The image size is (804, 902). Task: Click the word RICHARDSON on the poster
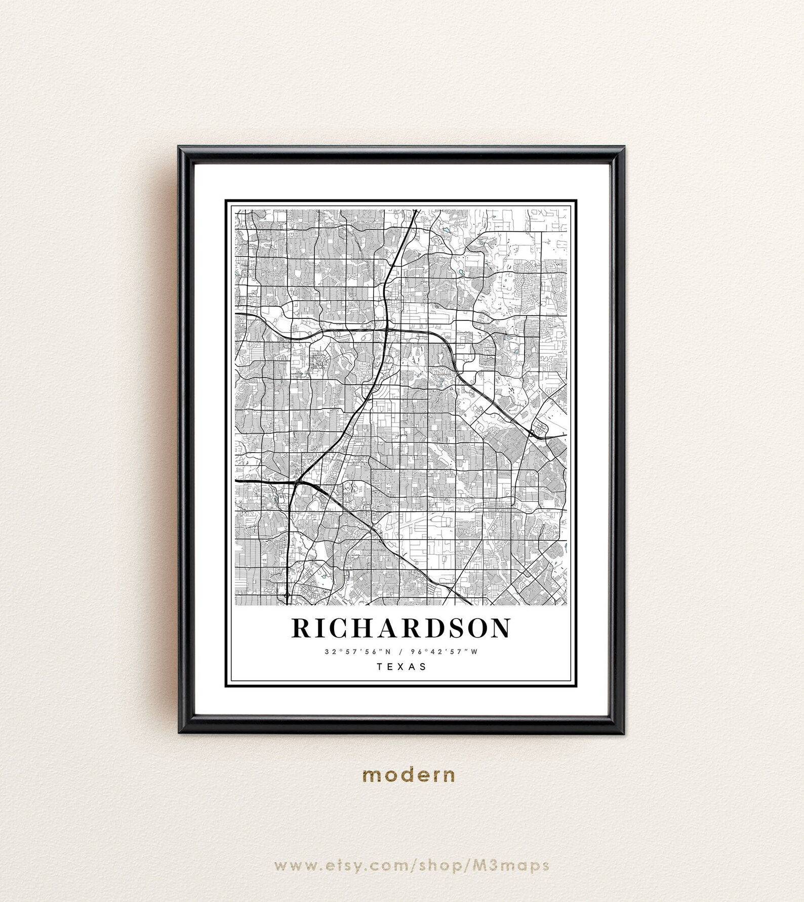(x=401, y=628)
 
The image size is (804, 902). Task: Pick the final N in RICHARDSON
(x=499, y=628)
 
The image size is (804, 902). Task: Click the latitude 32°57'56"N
(x=358, y=652)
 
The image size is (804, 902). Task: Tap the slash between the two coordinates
(x=401, y=652)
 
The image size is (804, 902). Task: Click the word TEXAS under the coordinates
(x=401, y=667)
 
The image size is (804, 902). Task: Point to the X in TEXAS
(x=401, y=667)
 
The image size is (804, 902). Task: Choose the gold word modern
(x=409, y=775)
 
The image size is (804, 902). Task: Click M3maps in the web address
(x=511, y=865)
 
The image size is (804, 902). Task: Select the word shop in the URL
(x=439, y=865)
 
